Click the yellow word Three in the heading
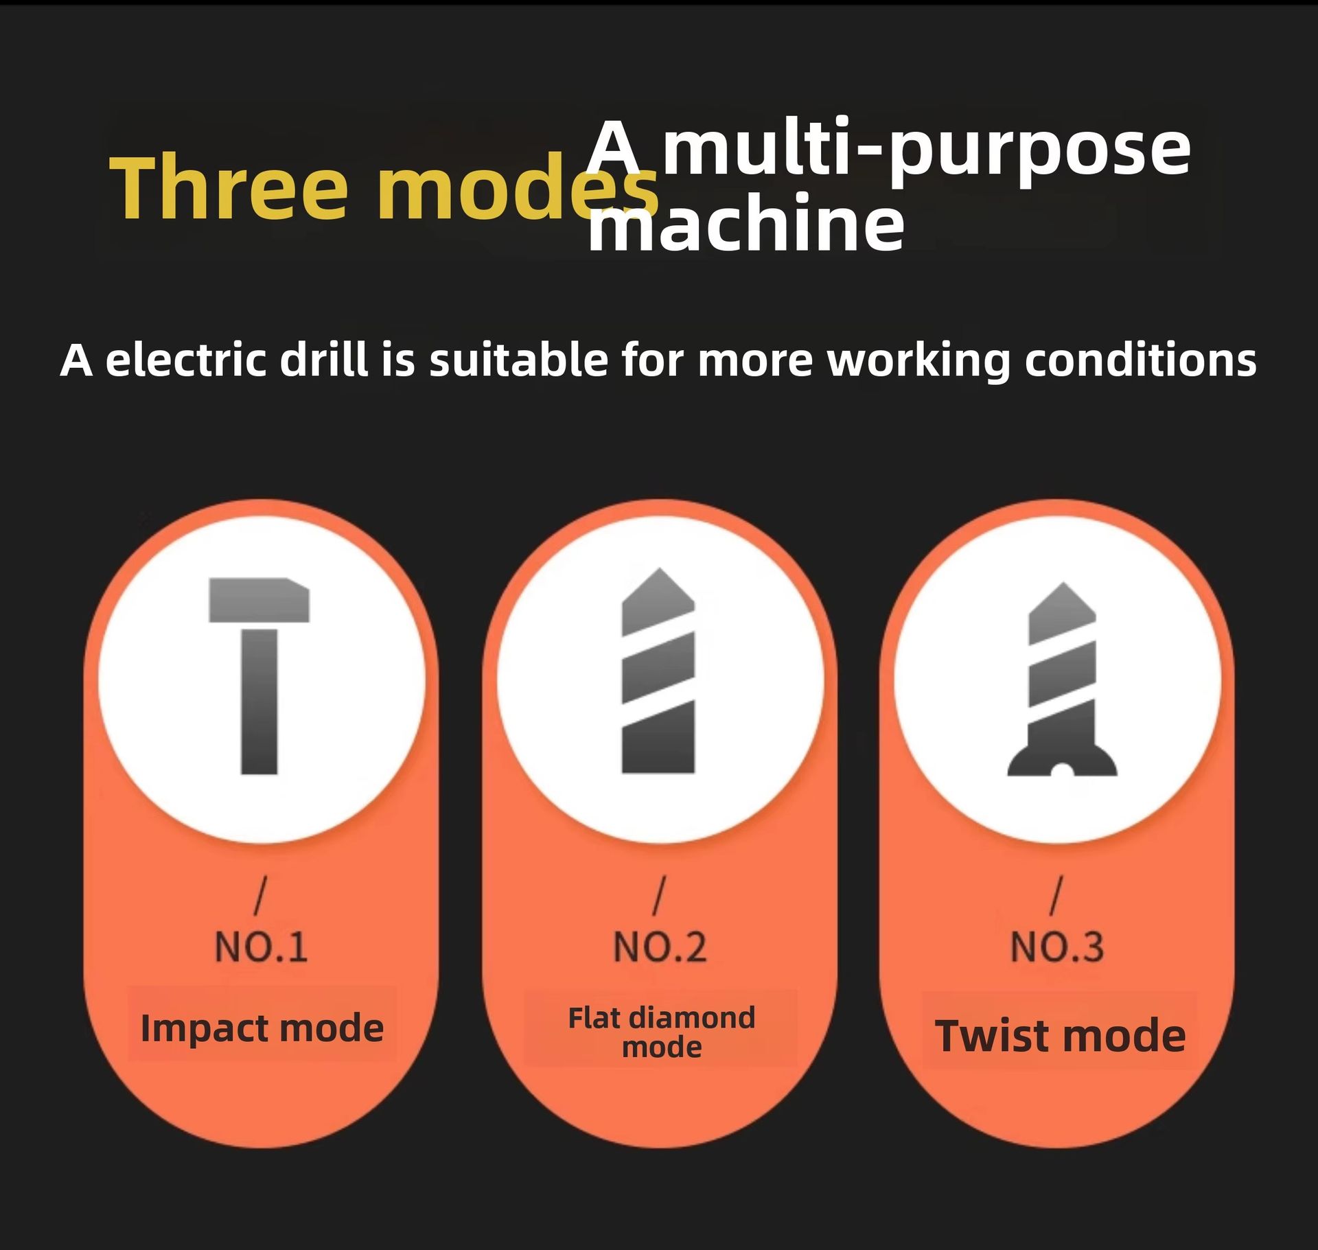coord(229,187)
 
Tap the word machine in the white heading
coord(746,223)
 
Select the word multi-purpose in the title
coord(927,149)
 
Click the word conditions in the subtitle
coord(1140,360)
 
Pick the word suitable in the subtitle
coord(518,360)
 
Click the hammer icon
coord(259,676)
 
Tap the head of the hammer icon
coord(259,600)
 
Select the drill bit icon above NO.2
coord(658,671)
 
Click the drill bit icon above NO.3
coord(1062,680)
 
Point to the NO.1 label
coord(261,947)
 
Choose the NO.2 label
coord(659,947)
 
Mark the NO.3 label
coord(1057,947)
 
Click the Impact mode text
coord(262,1028)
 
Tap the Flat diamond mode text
coord(661,1032)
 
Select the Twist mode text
coord(1060,1036)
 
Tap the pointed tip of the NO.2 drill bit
coord(659,569)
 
